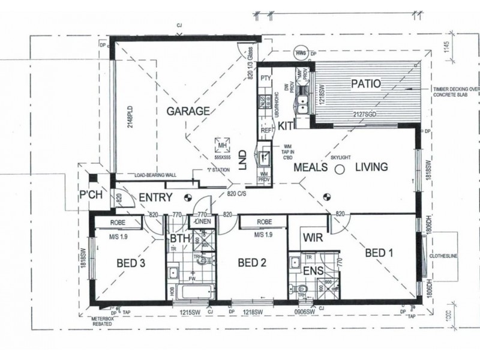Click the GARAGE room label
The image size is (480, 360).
(x=188, y=111)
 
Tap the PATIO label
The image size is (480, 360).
(x=365, y=83)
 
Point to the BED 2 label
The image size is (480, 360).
(x=251, y=262)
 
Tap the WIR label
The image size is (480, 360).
(x=313, y=238)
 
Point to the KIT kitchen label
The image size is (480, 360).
(x=286, y=126)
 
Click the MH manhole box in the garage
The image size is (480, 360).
(x=223, y=144)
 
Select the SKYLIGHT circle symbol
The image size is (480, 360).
(x=338, y=170)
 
